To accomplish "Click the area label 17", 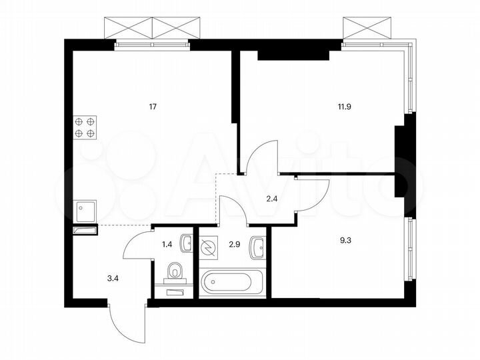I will [x=153, y=106].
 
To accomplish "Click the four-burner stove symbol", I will [x=85, y=127].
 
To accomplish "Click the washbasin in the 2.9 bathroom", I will [x=257, y=249].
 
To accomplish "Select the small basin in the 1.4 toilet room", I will [x=187, y=243].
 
